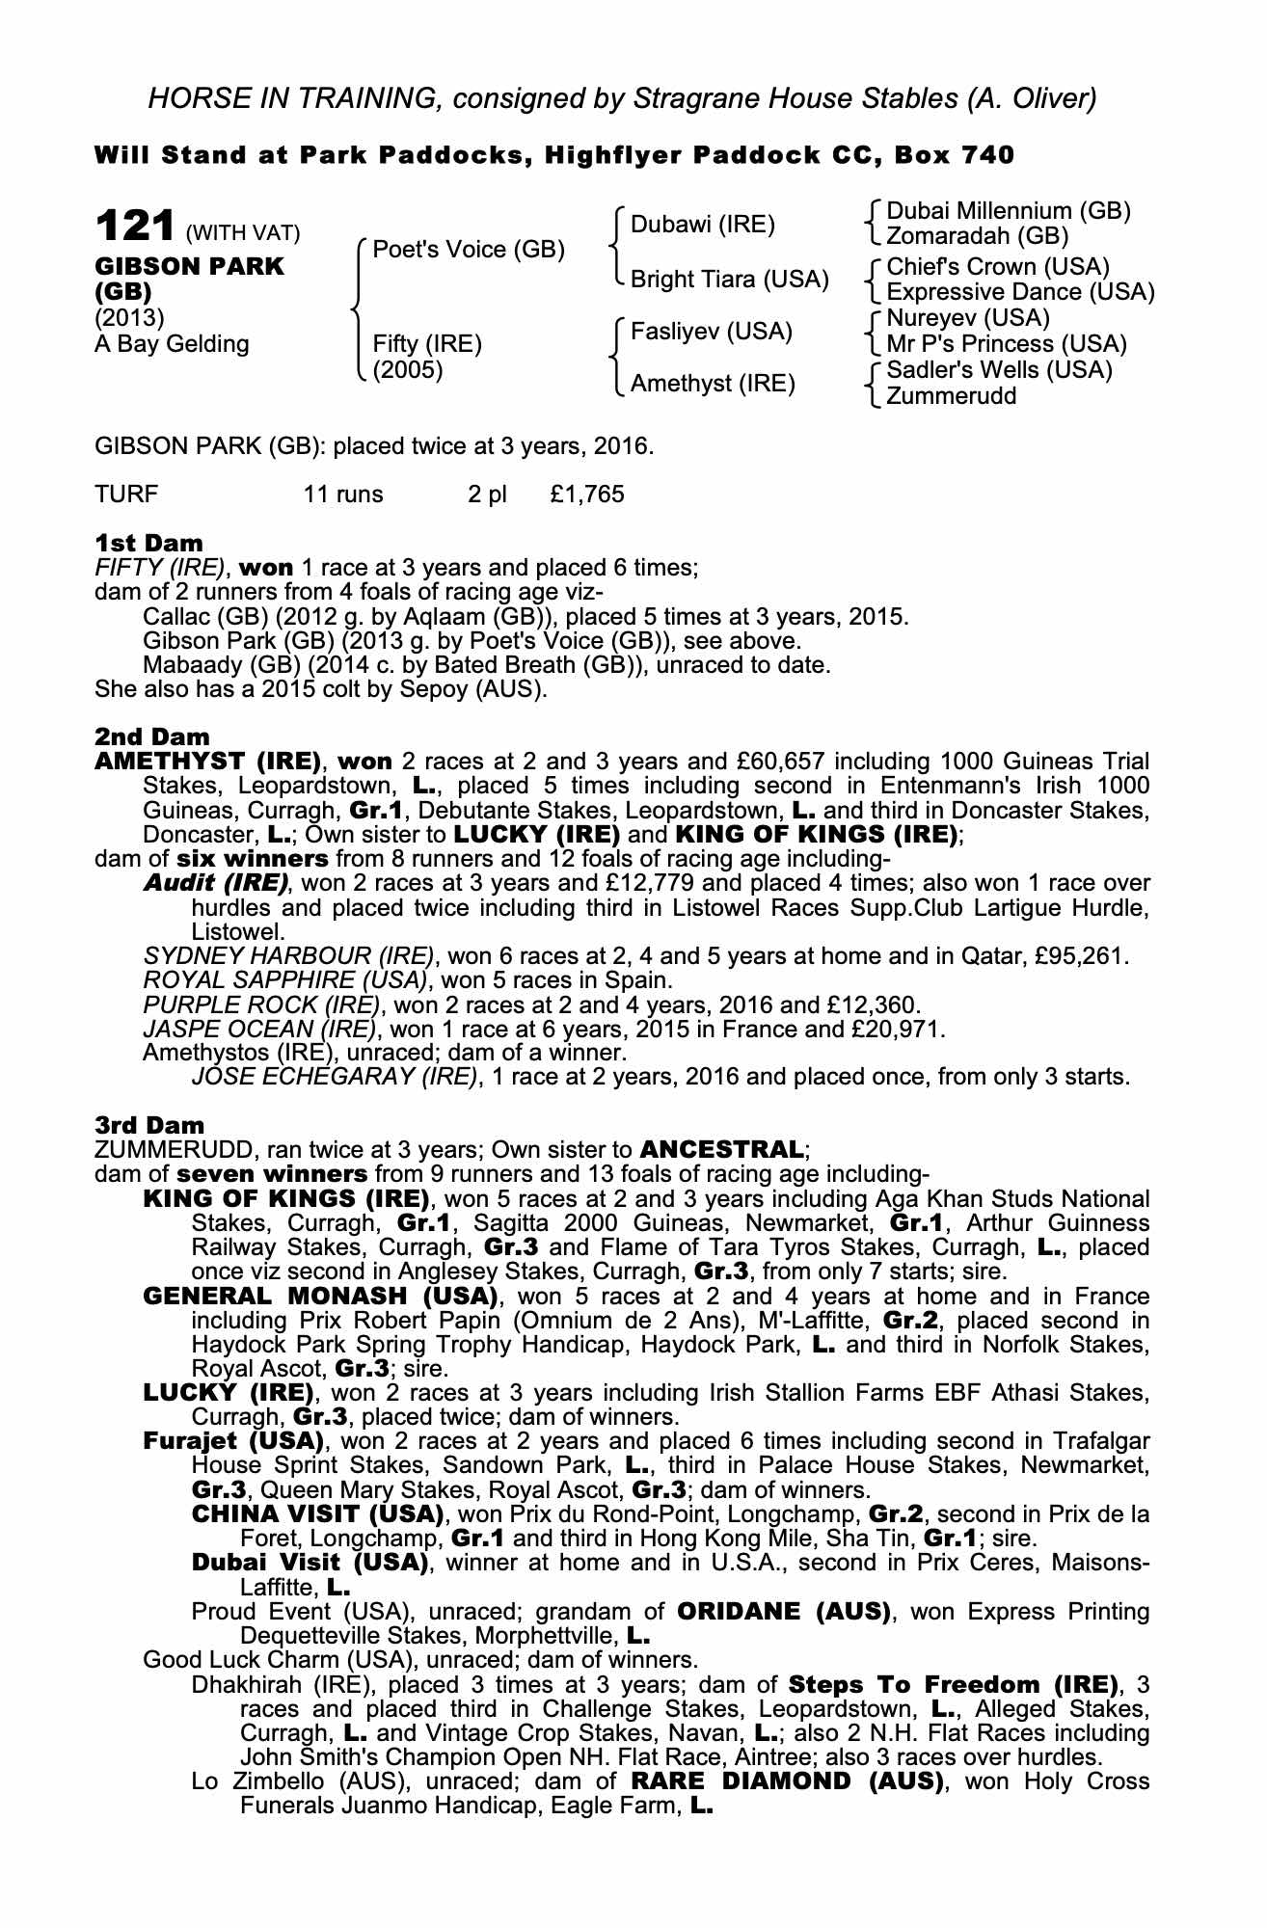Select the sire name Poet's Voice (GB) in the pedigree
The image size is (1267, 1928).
pyautogui.click(x=468, y=250)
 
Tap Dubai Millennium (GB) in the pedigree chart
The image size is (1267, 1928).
pyautogui.click(x=1008, y=211)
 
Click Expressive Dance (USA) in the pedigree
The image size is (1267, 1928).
pyautogui.click(x=1020, y=291)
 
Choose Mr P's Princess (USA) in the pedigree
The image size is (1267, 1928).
pyautogui.click(x=1007, y=343)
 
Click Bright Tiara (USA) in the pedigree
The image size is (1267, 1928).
pyautogui.click(x=729, y=280)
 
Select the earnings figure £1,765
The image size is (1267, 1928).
pyautogui.click(x=587, y=495)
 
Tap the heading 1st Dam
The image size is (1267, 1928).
pyautogui.click(x=149, y=543)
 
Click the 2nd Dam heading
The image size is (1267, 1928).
pyautogui.click(x=152, y=737)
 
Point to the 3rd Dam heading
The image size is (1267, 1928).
pyautogui.click(x=150, y=1125)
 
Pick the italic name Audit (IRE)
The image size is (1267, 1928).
pyautogui.click(x=216, y=883)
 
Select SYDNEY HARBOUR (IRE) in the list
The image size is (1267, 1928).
pyautogui.click(x=286, y=956)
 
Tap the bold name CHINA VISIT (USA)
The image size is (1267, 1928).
pyautogui.click(x=317, y=1513)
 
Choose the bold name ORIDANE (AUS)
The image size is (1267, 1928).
pyautogui.click(x=783, y=1611)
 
